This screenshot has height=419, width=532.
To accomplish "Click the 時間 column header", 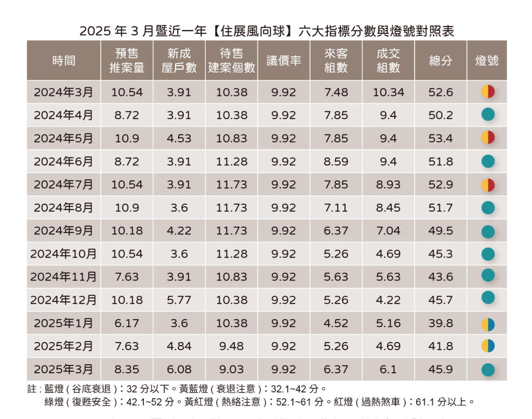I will (63, 60).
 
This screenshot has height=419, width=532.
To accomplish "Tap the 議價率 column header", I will (284, 60).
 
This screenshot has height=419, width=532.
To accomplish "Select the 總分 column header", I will (441, 60).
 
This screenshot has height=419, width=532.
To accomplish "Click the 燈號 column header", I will (487, 60).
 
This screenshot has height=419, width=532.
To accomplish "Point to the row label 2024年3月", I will (63, 93).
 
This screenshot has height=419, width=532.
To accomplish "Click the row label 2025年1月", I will (63, 323).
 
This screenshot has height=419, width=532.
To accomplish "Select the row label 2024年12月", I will (63, 300).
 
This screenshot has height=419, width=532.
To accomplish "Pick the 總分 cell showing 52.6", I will (441, 93).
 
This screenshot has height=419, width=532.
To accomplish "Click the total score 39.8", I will (441, 323).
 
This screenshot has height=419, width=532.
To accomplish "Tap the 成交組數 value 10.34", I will (388, 93).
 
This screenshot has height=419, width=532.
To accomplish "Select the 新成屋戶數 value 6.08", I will (179, 369).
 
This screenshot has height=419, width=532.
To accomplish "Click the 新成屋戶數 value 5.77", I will (179, 300).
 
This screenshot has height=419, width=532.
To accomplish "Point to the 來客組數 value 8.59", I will (336, 162).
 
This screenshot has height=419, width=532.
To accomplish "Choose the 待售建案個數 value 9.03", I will (232, 369).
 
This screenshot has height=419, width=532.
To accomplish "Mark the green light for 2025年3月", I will (487, 370).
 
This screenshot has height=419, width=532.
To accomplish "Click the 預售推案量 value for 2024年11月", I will (127, 277).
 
